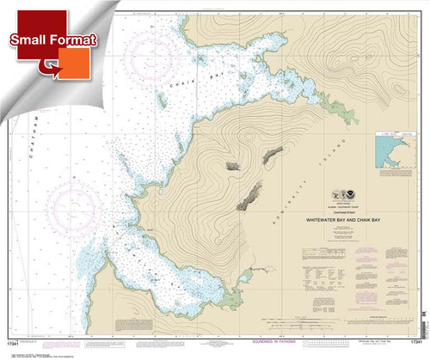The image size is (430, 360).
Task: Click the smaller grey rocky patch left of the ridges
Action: click(x=233, y=165)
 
